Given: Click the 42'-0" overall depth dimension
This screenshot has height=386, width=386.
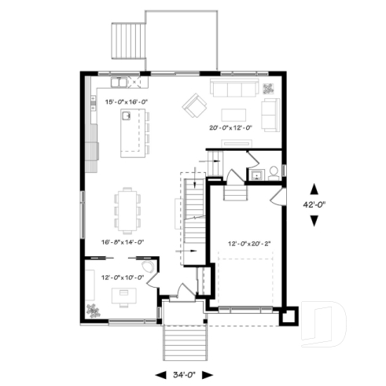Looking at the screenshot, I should tap(314, 204).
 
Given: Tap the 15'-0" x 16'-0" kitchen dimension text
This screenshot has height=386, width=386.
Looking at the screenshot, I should tap(127, 101).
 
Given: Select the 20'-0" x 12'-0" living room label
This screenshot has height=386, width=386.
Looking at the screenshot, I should tap(230, 127).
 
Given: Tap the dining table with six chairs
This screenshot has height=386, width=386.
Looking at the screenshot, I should tap(128, 206).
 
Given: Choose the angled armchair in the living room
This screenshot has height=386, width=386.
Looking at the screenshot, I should tap(193, 103).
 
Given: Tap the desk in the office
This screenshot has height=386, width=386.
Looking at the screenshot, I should tap(123, 295).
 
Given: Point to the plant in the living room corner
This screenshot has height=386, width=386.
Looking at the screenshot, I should tap(270, 87).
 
